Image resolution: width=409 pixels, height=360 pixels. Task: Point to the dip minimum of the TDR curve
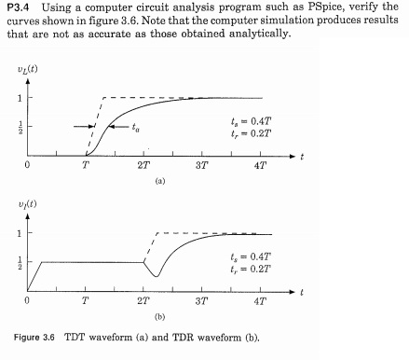click(x=157, y=276)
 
